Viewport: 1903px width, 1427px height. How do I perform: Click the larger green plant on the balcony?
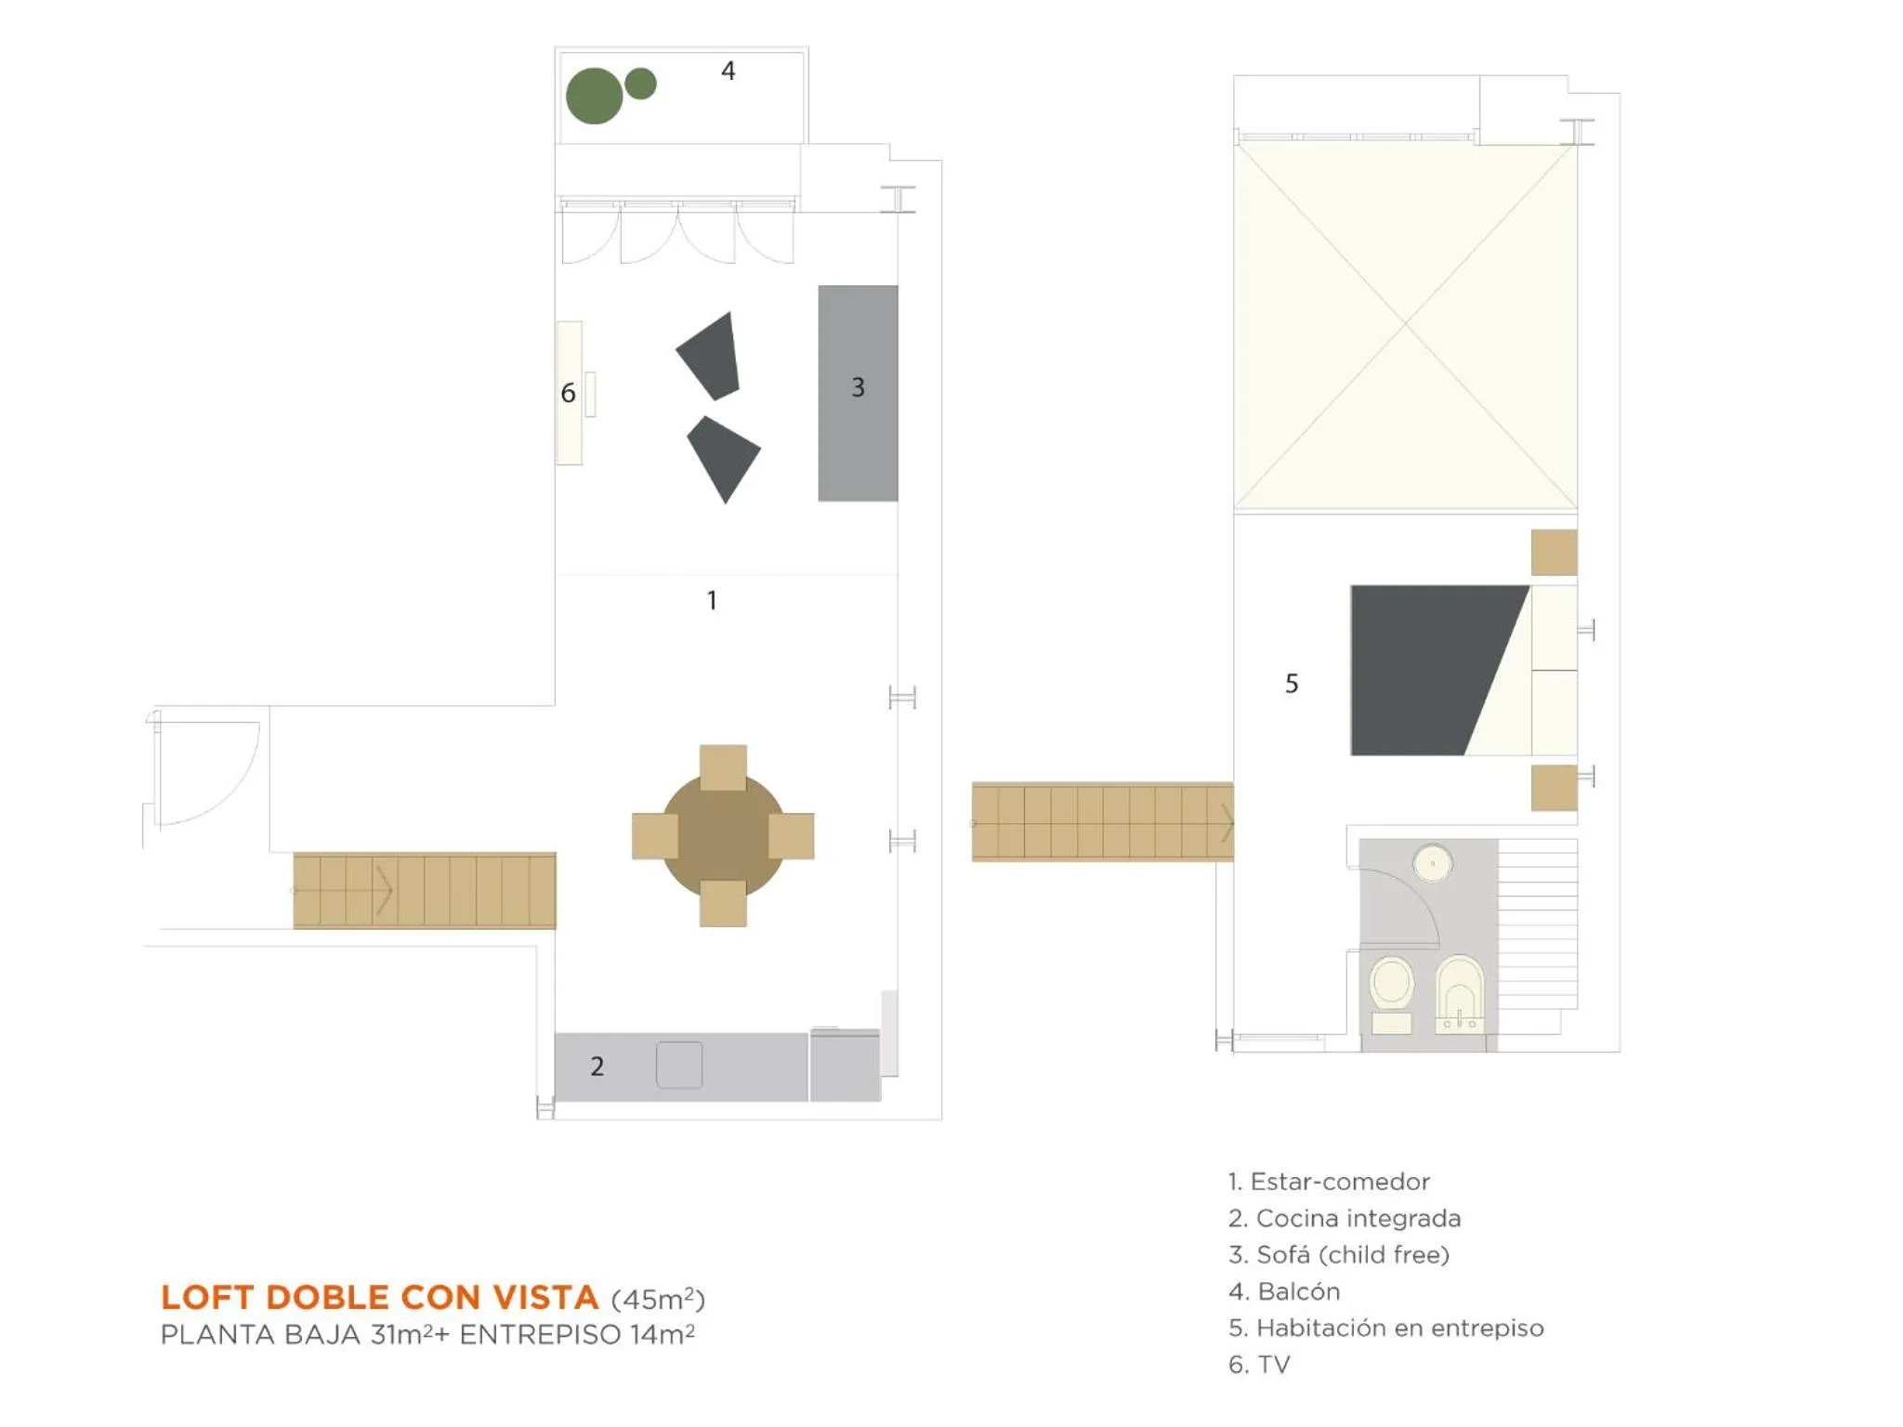click(x=594, y=96)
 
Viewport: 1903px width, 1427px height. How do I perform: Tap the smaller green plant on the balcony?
click(x=640, y=84)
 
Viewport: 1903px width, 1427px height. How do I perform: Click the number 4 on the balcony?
click(x=728, y=72)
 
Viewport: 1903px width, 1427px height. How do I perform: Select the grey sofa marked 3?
click(x=858, y=393)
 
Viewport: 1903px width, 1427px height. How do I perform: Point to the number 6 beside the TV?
click(x=568, y=394)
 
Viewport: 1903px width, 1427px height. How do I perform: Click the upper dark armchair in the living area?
click(x=712, y=356)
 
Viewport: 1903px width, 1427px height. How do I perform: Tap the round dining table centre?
click(x=723, y=835)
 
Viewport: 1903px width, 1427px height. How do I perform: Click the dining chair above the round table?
click(x=723, y=767)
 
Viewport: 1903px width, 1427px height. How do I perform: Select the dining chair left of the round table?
click(x=655, y=835)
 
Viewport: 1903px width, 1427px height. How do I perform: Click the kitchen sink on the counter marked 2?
click(x=679, y=1065)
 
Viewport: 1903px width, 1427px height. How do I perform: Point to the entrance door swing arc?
click(x=223, y=790)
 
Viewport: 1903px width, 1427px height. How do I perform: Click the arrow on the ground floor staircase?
click(x=383, y=890)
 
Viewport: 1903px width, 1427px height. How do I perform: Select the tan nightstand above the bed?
click(x=1554, y=553)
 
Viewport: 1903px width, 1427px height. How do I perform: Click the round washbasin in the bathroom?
click(x=1432, y=863)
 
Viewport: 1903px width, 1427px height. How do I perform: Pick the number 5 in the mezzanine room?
click(x=1292, y=684)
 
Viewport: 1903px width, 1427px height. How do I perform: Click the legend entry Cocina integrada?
click(x=1345, y=1218)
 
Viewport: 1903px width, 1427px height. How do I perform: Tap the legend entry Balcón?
click(x=1284, y=1291)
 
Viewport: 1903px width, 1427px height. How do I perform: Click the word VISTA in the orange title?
click(x=545, y=1297)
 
